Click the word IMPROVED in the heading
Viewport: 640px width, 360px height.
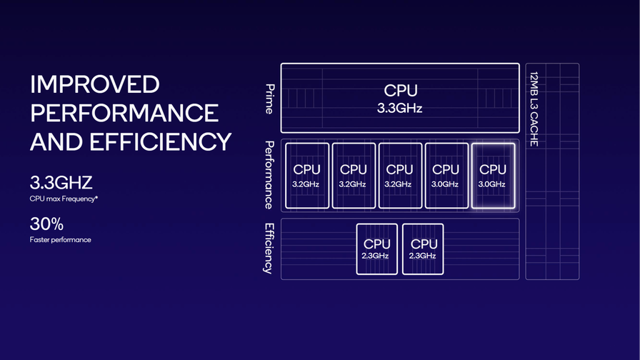[94, 84]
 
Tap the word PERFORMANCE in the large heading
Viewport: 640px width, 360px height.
[124, 113]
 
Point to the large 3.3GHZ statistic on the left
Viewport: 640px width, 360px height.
[61, 182]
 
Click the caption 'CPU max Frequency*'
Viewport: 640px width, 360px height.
[64, 199]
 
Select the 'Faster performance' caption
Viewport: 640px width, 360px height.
[61, 240]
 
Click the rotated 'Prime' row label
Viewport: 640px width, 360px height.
[269, 99]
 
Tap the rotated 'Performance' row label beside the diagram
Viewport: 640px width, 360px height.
[269, 175]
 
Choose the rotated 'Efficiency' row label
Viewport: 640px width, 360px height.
[269, 249]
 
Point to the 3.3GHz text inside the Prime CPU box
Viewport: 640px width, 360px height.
[400, 109]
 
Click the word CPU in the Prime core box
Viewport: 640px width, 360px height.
[400, 91]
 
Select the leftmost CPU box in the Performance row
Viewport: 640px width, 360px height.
[307, 176]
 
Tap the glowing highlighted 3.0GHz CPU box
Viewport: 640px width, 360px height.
[492, 176]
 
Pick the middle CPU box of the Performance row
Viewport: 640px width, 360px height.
[399, 176]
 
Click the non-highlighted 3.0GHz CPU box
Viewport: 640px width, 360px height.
[446, 176]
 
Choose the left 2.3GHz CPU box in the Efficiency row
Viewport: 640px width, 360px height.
[376, 249]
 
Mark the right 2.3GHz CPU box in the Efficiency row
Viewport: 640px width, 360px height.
[423, 249]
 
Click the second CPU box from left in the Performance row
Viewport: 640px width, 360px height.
[353, 176]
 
